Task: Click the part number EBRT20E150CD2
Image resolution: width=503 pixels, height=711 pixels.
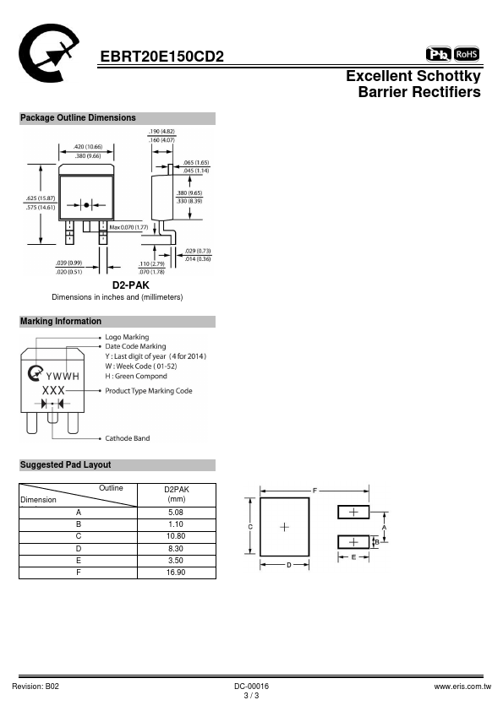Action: pos(161,57)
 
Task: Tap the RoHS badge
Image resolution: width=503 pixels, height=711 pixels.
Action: pos(467,54)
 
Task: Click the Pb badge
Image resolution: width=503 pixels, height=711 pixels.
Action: pos(439,54)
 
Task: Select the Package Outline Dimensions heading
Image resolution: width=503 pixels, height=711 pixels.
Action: pos(78,118)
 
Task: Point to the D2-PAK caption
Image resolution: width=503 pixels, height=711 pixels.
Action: pos(131,285)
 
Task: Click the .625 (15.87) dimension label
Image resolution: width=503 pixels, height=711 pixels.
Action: pos(41,198)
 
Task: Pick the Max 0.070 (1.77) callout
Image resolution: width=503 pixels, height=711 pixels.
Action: pos(129,227)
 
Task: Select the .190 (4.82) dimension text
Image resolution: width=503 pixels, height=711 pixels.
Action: pos(162,132)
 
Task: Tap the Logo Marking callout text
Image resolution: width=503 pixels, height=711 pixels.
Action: pos(127,338)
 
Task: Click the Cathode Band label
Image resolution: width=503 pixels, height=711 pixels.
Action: pos(128,438)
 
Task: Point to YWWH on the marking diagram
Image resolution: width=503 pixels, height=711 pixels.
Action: pos(63,377)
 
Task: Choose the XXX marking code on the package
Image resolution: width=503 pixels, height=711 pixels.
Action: pos(53,390)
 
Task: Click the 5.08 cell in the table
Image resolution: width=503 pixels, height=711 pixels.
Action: pos(176,513)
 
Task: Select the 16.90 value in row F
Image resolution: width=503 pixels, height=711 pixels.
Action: pos(176,573)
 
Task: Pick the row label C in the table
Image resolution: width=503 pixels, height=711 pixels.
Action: pos(79,536)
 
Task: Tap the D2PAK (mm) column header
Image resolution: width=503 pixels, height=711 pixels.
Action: pos(177,494)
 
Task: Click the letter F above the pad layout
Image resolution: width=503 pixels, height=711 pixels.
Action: pos(314,491)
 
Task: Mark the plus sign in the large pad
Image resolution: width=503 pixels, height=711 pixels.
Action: pos(285,527)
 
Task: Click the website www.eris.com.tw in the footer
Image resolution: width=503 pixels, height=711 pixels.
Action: pos(462,687)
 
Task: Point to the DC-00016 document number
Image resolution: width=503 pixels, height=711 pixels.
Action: pos(252,687)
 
